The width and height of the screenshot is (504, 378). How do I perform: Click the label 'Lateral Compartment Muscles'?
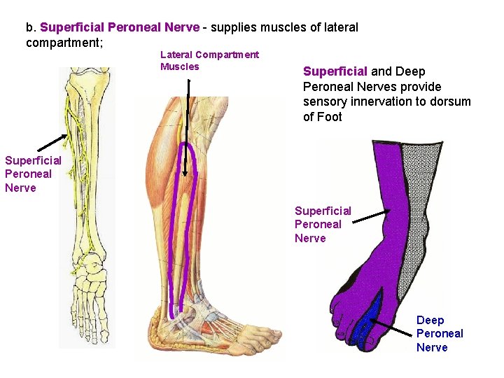click(x=209, y=61)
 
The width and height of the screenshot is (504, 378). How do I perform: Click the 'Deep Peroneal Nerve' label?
click(x=440, y=333)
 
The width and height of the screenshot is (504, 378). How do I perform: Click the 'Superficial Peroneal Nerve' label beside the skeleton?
click(x=33, y=174)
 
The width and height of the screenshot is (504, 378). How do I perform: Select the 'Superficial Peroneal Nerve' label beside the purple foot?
click(x=323, y=224)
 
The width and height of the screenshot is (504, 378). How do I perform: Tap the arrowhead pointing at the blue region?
click(x=372, y=320)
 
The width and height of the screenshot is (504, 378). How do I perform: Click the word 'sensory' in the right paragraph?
click(x=323, y=101)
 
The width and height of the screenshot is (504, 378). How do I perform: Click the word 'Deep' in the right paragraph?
click(x=410, y=71)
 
